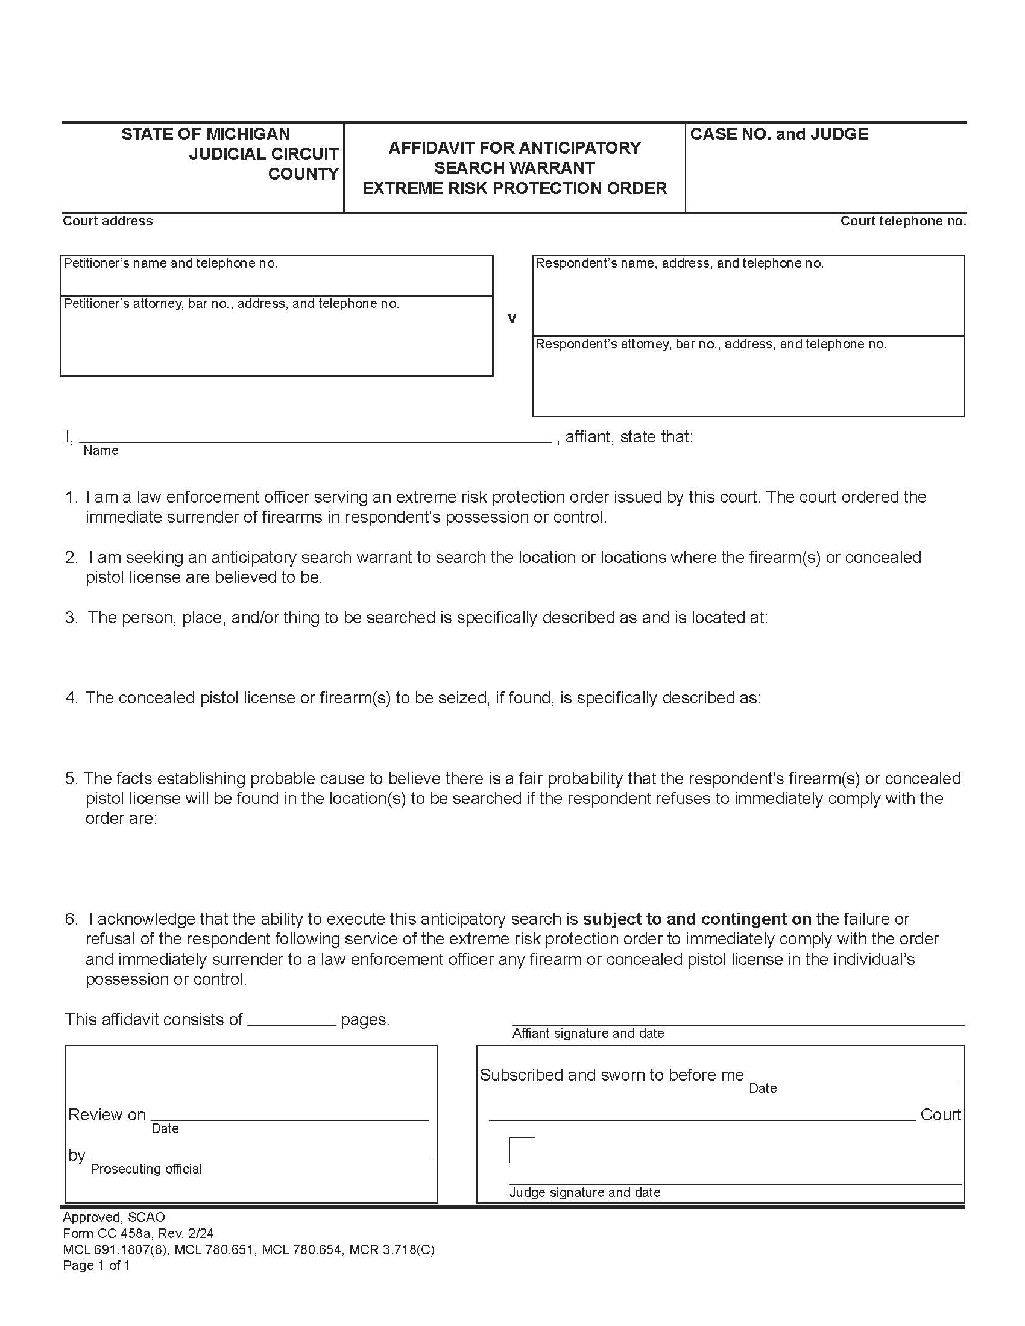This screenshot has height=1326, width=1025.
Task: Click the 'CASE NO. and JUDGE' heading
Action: (779, 134)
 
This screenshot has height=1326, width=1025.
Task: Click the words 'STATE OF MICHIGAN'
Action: (205, 134)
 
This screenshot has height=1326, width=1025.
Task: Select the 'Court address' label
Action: (107, 221)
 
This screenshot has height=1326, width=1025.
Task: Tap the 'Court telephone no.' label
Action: (903, 221)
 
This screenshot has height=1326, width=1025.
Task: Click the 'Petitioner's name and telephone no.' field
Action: (276, 276)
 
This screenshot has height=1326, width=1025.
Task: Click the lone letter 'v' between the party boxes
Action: (512, 318)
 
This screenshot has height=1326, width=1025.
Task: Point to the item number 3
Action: (71, 617)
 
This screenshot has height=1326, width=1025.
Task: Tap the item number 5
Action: (71, 778)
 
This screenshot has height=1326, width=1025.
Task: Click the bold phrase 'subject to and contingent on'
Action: (696, 919)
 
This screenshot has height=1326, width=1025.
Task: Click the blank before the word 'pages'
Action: (291, 1020)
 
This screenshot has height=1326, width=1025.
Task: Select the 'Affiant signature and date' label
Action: (588, 1033)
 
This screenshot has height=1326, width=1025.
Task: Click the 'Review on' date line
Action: (289, 1114)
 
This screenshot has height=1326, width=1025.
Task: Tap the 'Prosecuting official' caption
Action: (146, 1169)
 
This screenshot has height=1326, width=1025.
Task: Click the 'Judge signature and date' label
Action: (584, 1192)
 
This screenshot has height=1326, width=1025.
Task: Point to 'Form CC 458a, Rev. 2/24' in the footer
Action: (138, 1233)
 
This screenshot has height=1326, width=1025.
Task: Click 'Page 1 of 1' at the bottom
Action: (96, 1265)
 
